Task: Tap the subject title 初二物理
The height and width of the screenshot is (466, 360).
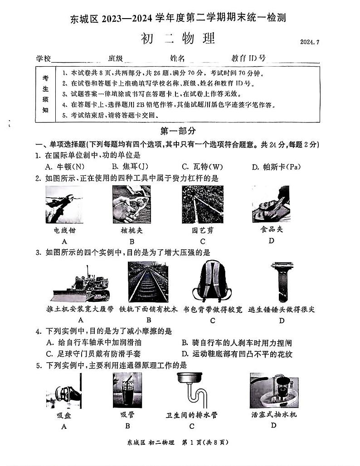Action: (180, 39)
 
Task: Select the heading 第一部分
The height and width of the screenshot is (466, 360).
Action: (178, 131)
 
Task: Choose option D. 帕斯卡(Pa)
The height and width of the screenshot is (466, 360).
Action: (276, 166)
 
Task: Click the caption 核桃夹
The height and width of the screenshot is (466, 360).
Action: (131, 230)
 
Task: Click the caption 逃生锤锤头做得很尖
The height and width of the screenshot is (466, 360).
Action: (282, 310)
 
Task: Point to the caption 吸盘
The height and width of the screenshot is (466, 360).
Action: (63, 415)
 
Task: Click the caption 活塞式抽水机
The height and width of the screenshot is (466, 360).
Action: (274, 414)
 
